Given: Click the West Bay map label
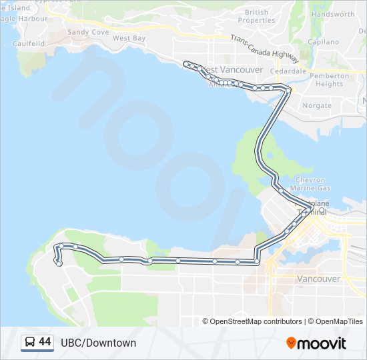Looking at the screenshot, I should tap(129, 39).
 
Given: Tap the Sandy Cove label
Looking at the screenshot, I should tap(88, 32).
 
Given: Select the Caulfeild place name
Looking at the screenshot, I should tap(27, 43).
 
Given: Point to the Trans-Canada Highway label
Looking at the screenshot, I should tap(265, 47).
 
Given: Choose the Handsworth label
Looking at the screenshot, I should tap(333, 14).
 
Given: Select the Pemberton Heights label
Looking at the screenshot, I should tap(330, 80).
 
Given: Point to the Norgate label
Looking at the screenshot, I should tap(317, 105).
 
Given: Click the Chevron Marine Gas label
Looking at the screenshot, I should tap(310, 184).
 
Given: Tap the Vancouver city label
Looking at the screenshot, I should tap(318, 279).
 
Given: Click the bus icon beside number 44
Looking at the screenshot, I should tap(30, 343).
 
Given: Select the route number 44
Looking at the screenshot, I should tap(45, 342).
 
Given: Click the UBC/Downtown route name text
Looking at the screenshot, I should tap(98, 343).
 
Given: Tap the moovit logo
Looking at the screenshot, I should tap(316, 343).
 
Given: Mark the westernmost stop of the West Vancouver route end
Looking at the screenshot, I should tap(186, 63).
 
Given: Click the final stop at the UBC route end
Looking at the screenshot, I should tap(59, 264).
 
